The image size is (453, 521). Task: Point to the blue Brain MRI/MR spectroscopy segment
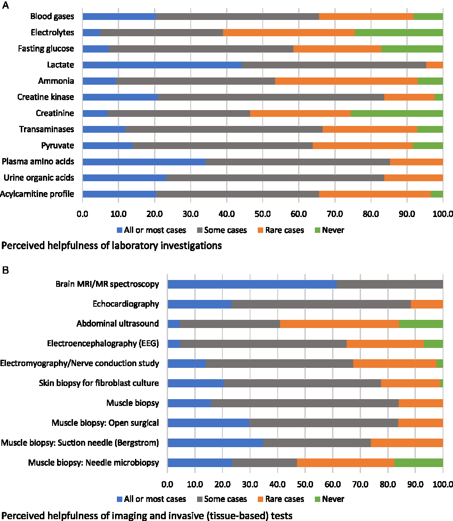click(x=252, y=284)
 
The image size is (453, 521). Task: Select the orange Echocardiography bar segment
click(x=427, y=304)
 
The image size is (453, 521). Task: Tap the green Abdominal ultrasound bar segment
click(x=421, y=323)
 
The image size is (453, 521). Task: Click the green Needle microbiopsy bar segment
click(x=418, y=463)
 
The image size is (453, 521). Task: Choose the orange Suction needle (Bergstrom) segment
click(x=407, y=443)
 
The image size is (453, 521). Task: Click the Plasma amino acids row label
click(x=38, y=162)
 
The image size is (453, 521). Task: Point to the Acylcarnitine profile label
click(x=37, y=194)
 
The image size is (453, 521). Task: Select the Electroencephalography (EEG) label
click(x=103, y=343)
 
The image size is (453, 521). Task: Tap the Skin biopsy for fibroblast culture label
click(x=98, y=383)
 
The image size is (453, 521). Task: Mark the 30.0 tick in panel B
click(x=250, y=482)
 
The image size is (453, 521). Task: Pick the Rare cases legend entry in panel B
click(x=281, y=499)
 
